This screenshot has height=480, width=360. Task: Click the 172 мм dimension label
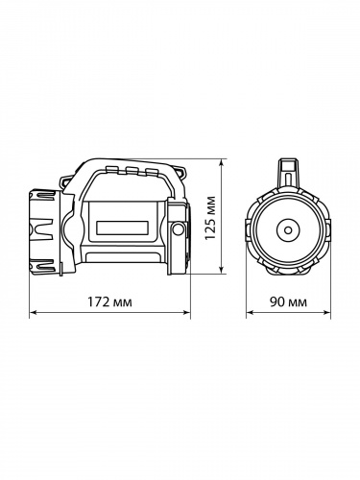[x=109, y=302]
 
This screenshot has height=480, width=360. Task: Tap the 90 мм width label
[x=288, y=302]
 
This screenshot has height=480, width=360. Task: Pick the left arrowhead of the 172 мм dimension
[x=34, y=313]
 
